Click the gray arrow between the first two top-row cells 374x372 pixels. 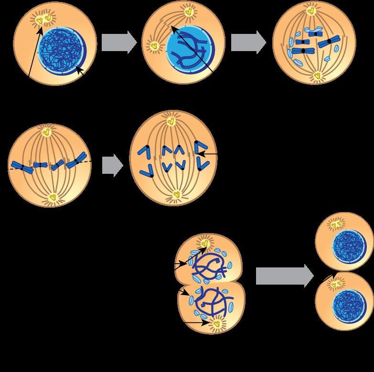[119, 43]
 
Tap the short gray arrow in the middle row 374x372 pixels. [113, 166]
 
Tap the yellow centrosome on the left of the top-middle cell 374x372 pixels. [154, 46]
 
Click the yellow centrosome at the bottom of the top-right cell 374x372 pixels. [319, 75]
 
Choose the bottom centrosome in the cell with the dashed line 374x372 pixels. [54, 196]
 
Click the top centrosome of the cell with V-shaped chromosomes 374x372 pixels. [170, 122]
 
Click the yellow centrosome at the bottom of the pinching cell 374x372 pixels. [216, 324]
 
